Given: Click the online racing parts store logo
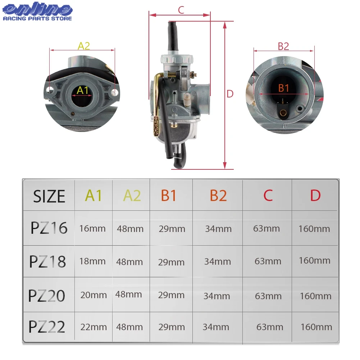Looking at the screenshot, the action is coord(37,12).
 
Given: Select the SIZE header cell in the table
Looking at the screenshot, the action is coord(49,196).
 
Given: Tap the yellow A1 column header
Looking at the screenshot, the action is coord(94,196).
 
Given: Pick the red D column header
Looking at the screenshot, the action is coord(315,196).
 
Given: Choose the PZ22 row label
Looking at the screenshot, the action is coord(47,327).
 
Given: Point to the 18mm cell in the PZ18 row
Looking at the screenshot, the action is coord(92,261).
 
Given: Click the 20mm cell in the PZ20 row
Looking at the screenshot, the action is coord(94,295).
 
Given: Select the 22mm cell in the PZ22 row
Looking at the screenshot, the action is coord(94,327).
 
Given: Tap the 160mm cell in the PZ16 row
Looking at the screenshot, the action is coord(314,229).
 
